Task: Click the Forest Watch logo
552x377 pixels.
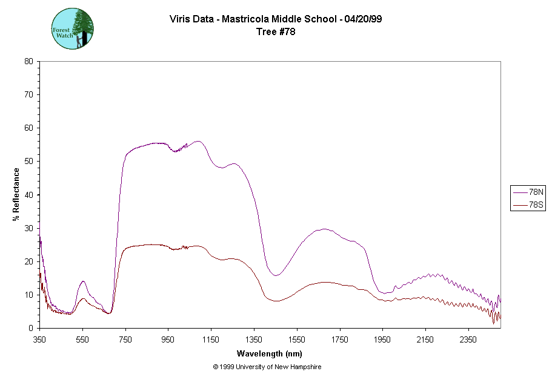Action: coord(73,28)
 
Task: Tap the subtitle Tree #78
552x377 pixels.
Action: coord(276,32)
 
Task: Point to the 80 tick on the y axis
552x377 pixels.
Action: coord(28,61)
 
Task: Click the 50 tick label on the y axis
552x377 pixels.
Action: coord(28,161)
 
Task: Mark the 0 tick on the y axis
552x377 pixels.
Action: coord(30,328)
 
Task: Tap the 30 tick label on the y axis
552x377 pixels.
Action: coord(28,228)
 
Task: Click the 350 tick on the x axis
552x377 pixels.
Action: coord(39,340)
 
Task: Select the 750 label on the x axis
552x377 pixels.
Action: coord(125,340)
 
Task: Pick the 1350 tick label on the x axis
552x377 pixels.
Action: coord(254,340)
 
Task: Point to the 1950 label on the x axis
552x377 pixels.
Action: coord(382,340)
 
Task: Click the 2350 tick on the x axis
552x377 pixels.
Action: coord(468,340)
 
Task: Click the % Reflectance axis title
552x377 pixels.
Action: coord(16,194)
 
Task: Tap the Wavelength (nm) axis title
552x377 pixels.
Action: coord(270,354)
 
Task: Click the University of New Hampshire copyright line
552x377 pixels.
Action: coord(267,367)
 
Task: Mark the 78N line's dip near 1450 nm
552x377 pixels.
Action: coord(275,275)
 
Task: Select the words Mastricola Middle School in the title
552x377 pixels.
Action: coord(279,19)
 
